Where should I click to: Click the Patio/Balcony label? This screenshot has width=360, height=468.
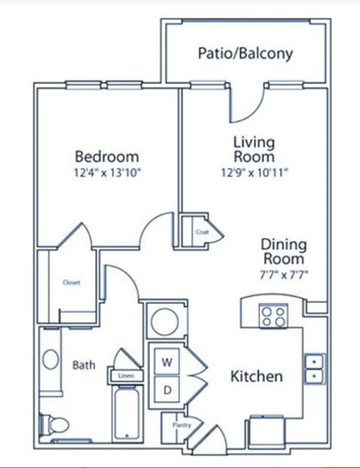tap(244, 54)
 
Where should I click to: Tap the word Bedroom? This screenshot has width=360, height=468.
tap(106, 157)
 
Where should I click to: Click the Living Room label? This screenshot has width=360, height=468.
tap(253, 149)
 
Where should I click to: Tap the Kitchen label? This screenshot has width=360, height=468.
tap(256, 376)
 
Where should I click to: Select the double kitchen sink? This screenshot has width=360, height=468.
tap(314, 367)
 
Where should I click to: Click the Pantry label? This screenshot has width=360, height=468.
tap(181, 425)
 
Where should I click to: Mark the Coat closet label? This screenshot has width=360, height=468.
tap(202, 232)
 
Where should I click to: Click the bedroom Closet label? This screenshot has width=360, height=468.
tap(71, 283)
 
